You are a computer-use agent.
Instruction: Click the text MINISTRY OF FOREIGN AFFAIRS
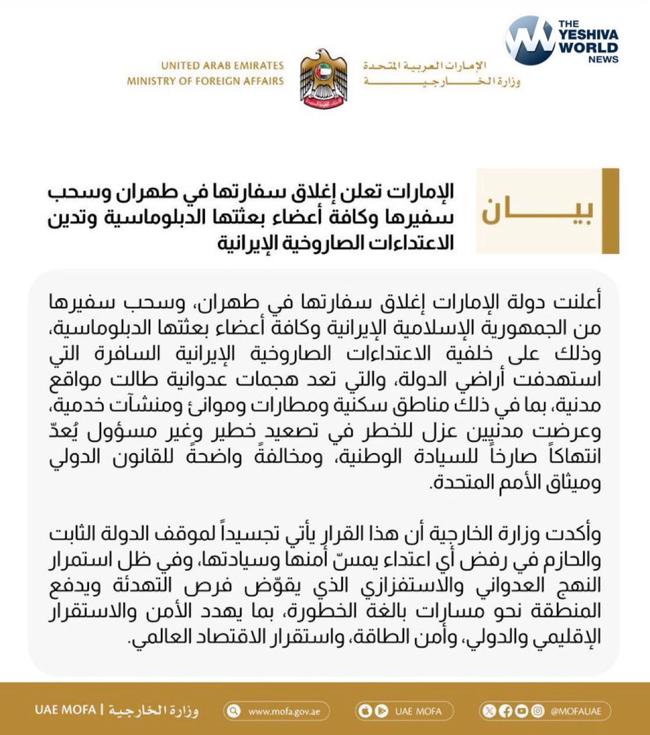[205, 81]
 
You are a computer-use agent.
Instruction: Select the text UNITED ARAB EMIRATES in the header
[222, 66]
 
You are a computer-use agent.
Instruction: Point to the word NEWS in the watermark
[603, 59]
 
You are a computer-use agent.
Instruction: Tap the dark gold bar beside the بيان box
[610, 211]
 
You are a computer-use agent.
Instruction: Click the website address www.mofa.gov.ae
[282, 711]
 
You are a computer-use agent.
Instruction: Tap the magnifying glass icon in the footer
[235, 711]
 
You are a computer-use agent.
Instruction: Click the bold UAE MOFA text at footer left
[65, 711]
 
